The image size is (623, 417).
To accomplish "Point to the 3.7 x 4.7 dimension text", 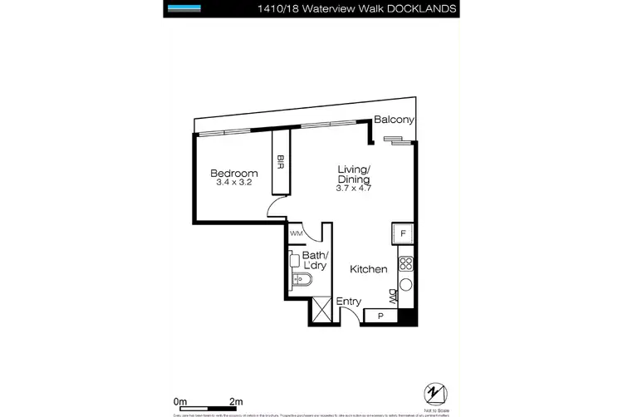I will click(354, 189).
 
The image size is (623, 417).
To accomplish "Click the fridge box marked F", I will click(403, 235).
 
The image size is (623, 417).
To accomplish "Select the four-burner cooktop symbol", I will click(405, 265).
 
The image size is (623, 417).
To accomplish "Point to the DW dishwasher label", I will click(393, 295).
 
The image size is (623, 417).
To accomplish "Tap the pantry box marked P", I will click(380, 316).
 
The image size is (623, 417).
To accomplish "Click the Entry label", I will click(347, 302).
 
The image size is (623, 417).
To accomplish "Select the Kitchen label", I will click(367, 270).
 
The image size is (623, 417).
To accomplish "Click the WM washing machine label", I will click(296, 234).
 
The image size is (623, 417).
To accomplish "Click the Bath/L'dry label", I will click(315, 260).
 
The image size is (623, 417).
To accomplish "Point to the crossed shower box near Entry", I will click(321, 312).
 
